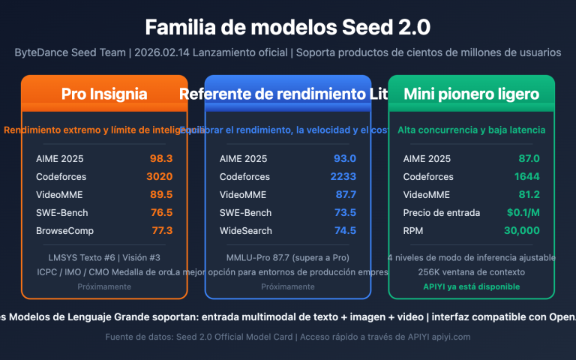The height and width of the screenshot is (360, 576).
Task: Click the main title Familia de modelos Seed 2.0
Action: [288, 28]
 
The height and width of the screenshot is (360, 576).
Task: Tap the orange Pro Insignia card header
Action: [104, 94]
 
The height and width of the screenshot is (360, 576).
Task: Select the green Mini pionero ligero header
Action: [471, 94]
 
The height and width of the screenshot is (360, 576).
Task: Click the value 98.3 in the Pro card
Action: [161, 158]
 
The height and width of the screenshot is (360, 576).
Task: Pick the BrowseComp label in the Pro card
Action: [64, 230]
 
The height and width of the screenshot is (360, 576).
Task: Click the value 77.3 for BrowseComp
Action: [161, 230]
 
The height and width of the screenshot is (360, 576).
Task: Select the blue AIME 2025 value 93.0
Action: [345, 158]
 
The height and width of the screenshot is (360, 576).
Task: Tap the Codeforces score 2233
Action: [343, 176]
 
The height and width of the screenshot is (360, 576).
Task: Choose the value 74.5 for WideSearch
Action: [345, 230]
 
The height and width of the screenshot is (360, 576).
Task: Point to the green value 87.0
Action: [528, 158]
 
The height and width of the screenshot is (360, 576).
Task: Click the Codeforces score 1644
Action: [527, 176]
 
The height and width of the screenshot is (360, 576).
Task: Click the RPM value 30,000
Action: [523, 230]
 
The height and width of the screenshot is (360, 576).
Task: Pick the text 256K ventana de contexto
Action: [471, 271]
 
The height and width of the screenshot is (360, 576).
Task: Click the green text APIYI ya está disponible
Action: [471, 286]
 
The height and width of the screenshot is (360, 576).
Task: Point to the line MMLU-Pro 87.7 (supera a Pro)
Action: [288, 258]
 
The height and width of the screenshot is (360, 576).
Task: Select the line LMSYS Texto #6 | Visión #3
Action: [104, 258]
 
